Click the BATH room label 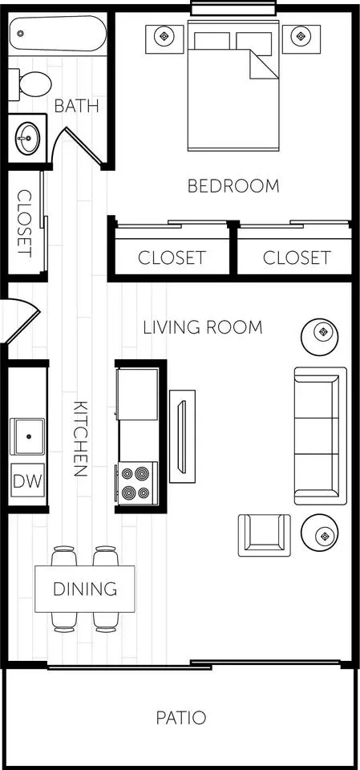pyautogui.click(x=76, y=105)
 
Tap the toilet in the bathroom pyautogui.click(x=30, y=82)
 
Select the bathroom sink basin pyautogui.click(x=26, y=138)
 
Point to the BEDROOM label pyautogui.click(x=233, y=186)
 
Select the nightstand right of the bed pyautogui.click(x=301, y=36)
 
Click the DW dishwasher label pyautogui.click(x=27, y=481)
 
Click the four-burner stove pyautogui.click(x=137, y=483)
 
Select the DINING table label pyautogui.click(x=84, y=590)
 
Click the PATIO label pyautogui.click(x=180, y=718)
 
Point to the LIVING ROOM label pyautogui.click(x=202, y=327)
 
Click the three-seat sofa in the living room pyautogui.click(x=320, y=436)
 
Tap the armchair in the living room pyautogui.click(x=264, y=534)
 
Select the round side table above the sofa pyautogui.click(x=322, y=331)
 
